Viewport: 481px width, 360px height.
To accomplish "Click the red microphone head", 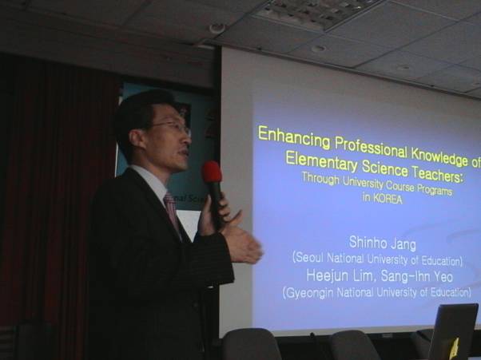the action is pos(212,172).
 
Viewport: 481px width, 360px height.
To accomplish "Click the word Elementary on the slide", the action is pos(321,161).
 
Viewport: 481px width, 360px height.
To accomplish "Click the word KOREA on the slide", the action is pos(387,199).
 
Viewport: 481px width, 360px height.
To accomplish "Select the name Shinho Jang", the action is pos(383,243).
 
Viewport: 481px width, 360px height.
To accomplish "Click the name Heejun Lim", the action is pos(340,276).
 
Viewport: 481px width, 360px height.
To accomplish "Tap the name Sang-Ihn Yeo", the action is pos(416,277).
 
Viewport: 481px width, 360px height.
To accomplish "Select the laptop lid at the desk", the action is pos(453,331).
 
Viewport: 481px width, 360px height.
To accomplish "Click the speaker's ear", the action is pos(135,138).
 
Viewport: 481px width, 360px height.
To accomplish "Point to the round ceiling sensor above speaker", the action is pos(217,28).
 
